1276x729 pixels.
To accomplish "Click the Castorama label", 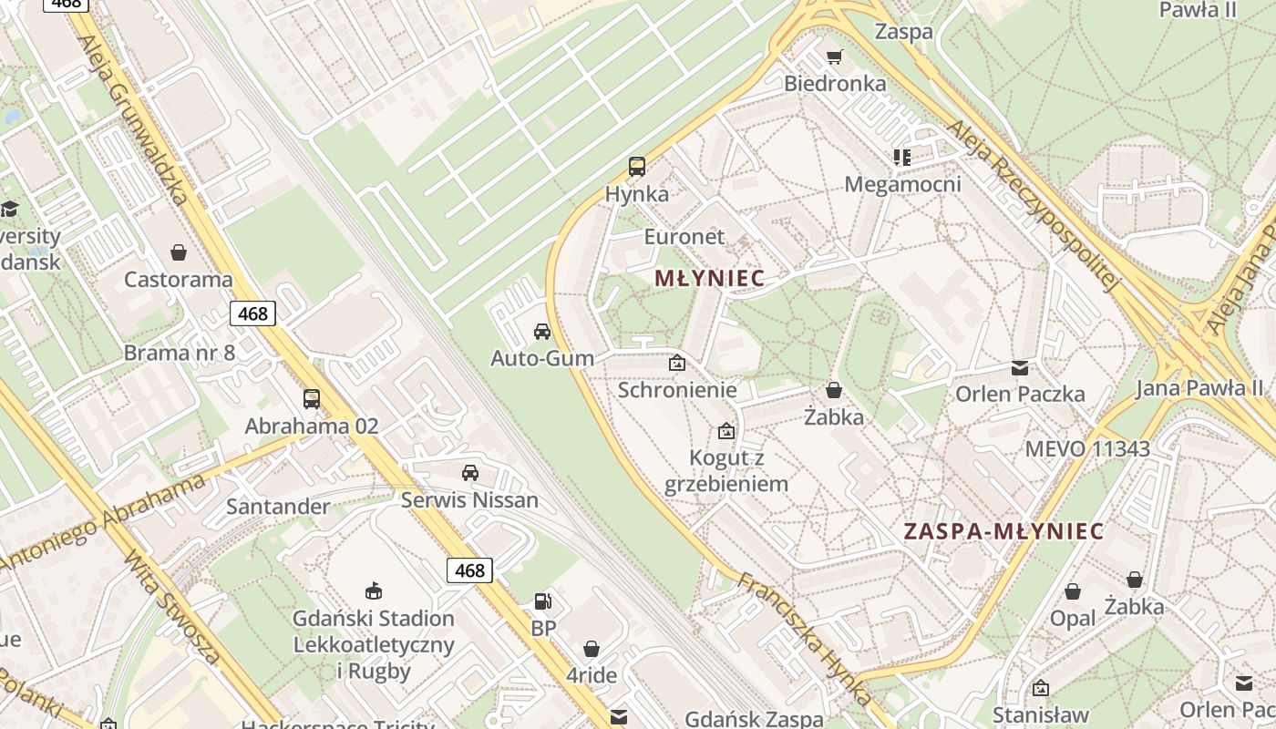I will tap(179, 279).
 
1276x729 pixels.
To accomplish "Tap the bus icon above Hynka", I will tap(637, 167).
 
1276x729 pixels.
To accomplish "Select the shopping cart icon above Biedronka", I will tap(834, 57).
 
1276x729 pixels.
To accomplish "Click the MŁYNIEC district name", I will tap(709, 279).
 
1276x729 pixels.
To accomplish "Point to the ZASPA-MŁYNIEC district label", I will tap(1003, 531).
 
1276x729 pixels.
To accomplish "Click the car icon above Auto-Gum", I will tap(542, 332).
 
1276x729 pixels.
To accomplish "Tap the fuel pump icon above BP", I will tap(543, 601).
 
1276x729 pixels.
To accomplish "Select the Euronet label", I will tap(684, 236).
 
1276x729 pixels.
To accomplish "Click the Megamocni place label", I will tap(902, 184).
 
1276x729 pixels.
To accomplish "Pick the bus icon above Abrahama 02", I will tap(312, 398).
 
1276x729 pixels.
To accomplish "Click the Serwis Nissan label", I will tap(469, 499).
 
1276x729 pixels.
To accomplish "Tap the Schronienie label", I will tap(677, 390).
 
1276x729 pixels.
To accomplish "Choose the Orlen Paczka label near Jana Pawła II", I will tap(1020, 394).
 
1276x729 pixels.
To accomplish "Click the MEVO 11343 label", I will tap(1087, 448).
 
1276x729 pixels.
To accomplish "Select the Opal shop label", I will tap(1073, 618).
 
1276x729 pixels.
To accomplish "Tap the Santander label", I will tap(278, 506).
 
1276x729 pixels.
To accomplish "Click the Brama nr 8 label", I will tap(180, 353).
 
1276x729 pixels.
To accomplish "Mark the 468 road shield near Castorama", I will tap(252, 314).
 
